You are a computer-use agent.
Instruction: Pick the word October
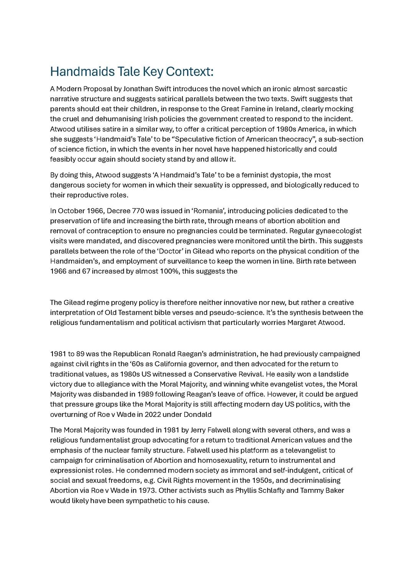pyautogui.click(x=72, y=211)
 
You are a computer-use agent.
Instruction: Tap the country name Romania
pyautogui.click(x=209, y=211)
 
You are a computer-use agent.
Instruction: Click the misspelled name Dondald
pyautogui.click(x=197, y=414)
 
